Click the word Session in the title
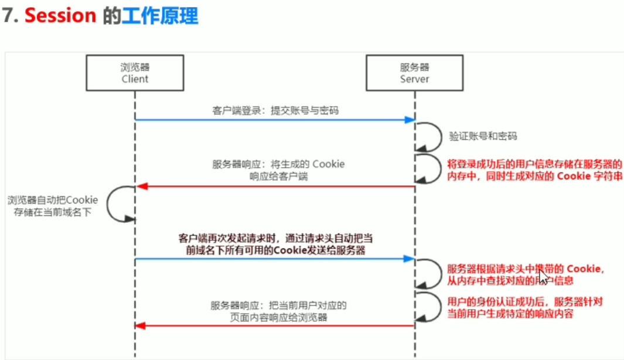pyautogui.click(x=60, y=16)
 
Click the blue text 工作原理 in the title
pyautogui.click(x=160, y=16)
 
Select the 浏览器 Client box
pyautogui.click(x=135, y=73)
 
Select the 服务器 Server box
pyautogui.click(x=414, y=73)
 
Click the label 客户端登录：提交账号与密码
pyautogui.click(x=275, y=110)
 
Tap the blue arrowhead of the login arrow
pyautogui.click(x=411, y=120)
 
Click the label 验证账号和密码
pyautogui.click(x=483, y=136)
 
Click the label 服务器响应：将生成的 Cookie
pyautogui.click(x=278, y=164)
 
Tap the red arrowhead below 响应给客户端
pyautogui.click(x=140, y=187)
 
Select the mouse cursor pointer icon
pyautogui.click(x=544, y=277)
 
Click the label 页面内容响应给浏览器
pyautogui.click(x=279, y=318)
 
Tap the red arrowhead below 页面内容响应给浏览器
pyautogui.click(x=140, y=325)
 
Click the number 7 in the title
pyautogui.click(x=8, y=16)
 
